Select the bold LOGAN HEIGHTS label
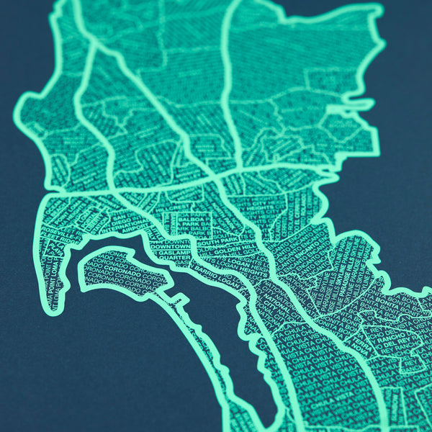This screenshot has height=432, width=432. point(248,263)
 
